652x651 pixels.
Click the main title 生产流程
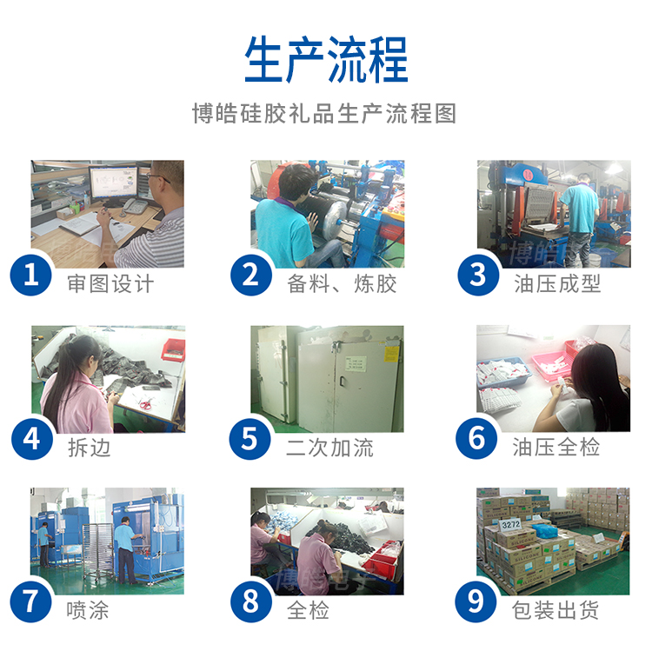click(326, 59)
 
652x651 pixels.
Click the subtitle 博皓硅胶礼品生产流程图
click(325, 114)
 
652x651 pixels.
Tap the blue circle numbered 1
click(31, 276)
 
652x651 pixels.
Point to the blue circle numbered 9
click(477, 602)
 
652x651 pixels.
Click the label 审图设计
click(110, 283)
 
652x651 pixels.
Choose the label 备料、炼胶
click(342, 283)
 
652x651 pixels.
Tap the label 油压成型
click(557, 283)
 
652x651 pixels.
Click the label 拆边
click(89, 448)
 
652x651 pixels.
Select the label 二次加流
click(329, 448)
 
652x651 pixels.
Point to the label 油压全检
click(557, 448)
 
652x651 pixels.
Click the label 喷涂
click(89, 610)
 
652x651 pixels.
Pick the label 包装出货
click(557, 610)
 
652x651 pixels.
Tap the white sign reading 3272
click(510, 525)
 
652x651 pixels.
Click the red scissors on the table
click(143, 402)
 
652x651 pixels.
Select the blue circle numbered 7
click(31, 602)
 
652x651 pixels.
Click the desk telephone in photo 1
click(135, 207)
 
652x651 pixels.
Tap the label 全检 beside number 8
click(309, 610)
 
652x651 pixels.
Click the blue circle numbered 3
click(477, 276)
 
